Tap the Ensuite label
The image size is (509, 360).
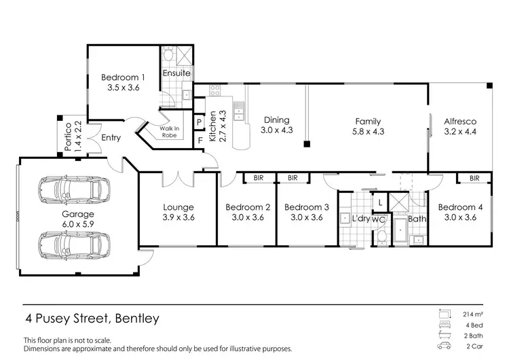[177, 73]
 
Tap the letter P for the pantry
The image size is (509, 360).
[200, 122]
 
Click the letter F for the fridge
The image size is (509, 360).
[200, 141]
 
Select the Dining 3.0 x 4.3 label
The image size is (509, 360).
[276, 125]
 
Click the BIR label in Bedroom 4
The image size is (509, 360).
[473, 178]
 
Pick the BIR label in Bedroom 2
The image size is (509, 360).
[258, 178]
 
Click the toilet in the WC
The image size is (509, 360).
[382, 235]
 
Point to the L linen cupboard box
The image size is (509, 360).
[380, 202]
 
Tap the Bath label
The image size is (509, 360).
[417, 219]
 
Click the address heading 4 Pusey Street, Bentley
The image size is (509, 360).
[93, 317]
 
